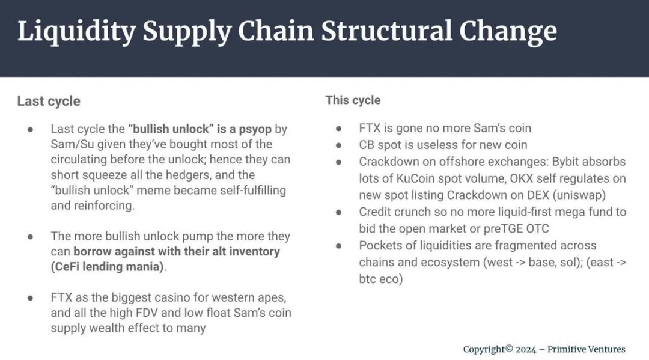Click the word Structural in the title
(386, 31)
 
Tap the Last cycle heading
(49, 102)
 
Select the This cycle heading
(353, 100)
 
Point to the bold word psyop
(255, 129)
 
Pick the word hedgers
(188, 175)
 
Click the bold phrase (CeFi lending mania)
(108, 267)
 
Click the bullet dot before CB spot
(338, 145)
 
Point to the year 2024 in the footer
(526, 350)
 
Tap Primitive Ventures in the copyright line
(586, 349)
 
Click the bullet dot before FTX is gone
(338, 129)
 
